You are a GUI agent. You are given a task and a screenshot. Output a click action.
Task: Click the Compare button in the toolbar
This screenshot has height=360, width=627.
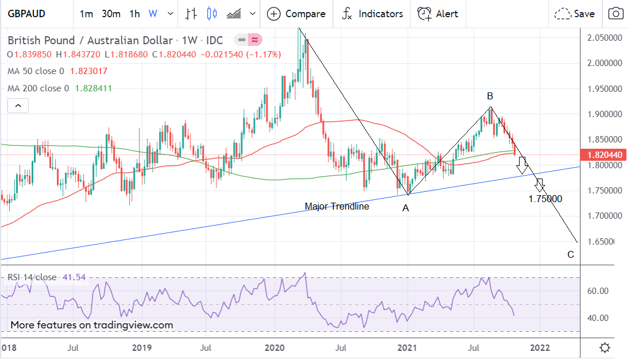click(x=297, y=14)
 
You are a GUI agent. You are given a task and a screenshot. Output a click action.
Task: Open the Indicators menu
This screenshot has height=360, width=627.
click(x=372, y=14)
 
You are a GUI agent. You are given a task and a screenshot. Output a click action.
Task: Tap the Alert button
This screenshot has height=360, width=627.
click(x=438, y=14)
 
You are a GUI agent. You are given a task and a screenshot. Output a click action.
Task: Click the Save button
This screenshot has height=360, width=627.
click(x=575, y=14)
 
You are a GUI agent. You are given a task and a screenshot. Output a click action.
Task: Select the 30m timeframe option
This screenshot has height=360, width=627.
click(x=111, y=14)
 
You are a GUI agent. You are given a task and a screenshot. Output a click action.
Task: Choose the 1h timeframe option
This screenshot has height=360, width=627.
click(x=134, y=14)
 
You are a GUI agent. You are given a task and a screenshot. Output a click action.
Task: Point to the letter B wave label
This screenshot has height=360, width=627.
click(x=490, y=96)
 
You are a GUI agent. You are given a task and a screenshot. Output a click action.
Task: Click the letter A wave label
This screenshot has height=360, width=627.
click(x=405, y=208)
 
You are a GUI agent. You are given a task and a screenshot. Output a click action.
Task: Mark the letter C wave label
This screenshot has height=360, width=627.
click(x=571, y=255)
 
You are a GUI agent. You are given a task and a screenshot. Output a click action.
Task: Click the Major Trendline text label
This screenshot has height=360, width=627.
click(x=336, y=206)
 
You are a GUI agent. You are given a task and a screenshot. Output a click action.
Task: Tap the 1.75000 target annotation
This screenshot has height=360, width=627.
click(x=545, y=199)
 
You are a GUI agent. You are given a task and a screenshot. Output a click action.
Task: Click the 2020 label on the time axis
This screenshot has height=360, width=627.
click(x=275, y=347)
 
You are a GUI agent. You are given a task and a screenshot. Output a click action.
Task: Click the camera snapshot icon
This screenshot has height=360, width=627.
click(x=612, y=14)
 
